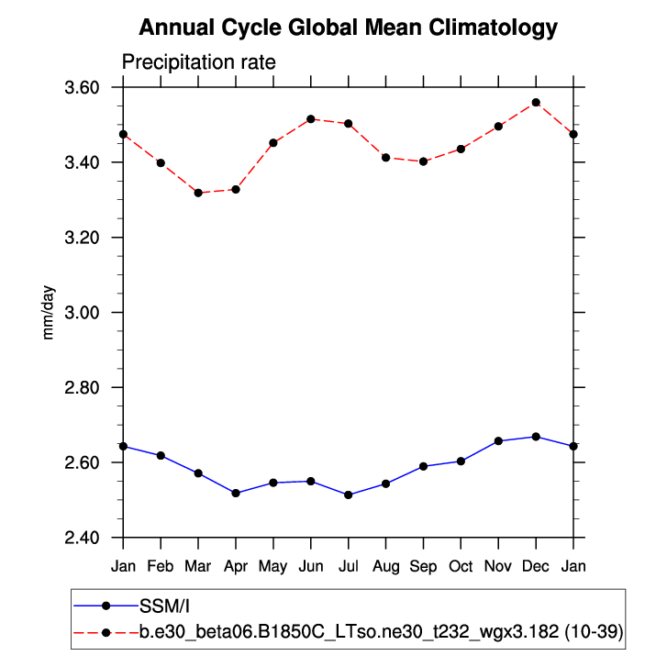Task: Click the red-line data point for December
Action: pos(536,103)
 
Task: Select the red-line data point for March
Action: pos(198,193)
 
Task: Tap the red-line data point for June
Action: pos(311,119)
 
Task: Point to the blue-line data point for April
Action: pos(236,494)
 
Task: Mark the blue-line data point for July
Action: pos(349,495)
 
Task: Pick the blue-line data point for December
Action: pos(536,437)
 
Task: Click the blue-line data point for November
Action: pos(498,441)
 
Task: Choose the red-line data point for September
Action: pos(423,161)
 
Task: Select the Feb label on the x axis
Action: pos(161,567)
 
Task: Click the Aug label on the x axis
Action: pos(385,567)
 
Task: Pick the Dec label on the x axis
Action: pos(536,567)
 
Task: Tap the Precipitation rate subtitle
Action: pos(198,62)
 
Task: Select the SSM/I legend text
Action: pos(164,606)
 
